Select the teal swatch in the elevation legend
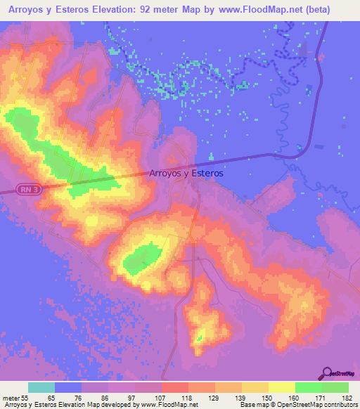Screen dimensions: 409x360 (41, 387)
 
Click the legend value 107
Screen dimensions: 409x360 (161, 397)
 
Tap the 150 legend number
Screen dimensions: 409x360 (268, 397)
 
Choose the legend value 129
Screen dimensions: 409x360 (214, 397)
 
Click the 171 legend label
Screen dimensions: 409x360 (321, 397)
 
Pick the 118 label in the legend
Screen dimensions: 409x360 (188, 397)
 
